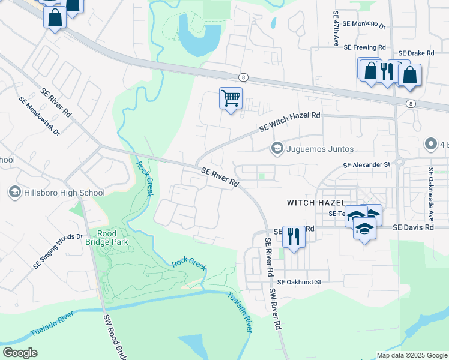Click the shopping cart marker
(231, 98)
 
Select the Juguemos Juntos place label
(320, 148)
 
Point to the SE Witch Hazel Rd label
(290, 121)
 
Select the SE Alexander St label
(366, 164)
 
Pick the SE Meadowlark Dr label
(40, 115)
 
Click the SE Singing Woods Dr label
(58, 251)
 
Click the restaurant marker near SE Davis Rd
(294, 236)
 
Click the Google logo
(20, 352)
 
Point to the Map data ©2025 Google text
(411, 355)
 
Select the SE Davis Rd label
(413, 228)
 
